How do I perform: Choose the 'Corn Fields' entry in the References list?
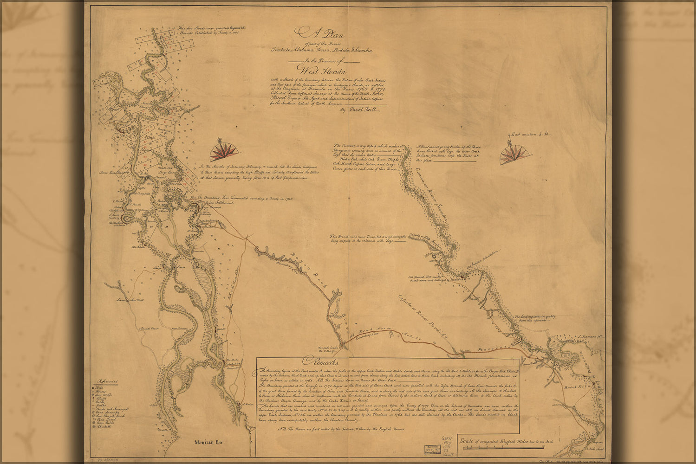click(104, 423)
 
